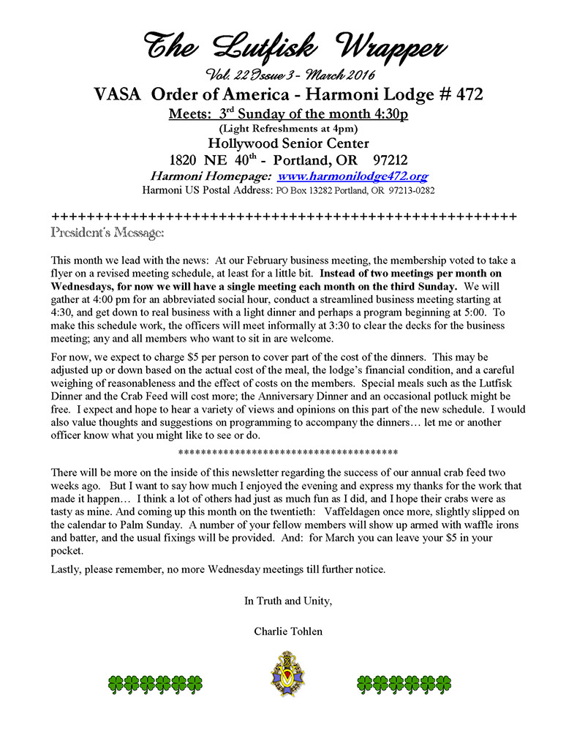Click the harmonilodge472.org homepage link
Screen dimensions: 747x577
(x=353, y=176)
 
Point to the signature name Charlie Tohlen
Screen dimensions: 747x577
(x=288, y=631)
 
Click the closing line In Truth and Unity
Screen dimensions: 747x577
(x=288, y=601)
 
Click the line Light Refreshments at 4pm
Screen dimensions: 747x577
(x=288, y=129)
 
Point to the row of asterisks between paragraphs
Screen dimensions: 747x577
(x=288, y=451)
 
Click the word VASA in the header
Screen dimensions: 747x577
(x=120, y=95)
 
